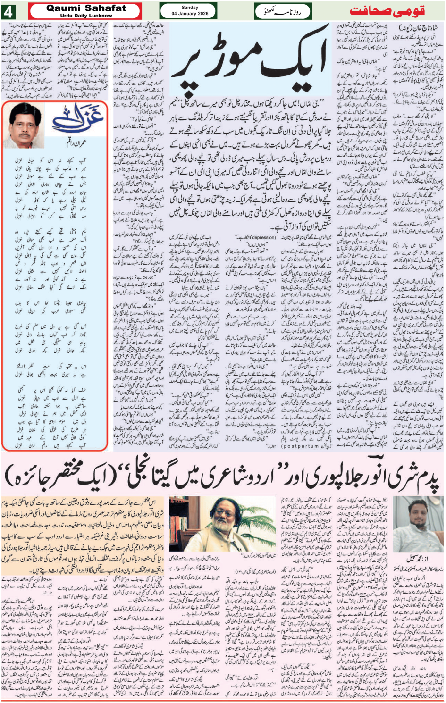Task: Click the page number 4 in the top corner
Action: point(10,10)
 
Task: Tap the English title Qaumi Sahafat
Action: point(86,8)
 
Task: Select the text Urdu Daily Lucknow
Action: point(86,16)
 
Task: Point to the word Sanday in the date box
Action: point(190,8)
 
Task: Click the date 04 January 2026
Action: point(190,14)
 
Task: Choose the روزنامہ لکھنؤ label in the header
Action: point(273,10)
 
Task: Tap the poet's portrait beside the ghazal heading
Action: point(25,125)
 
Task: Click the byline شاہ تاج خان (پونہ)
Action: point(418,28)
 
